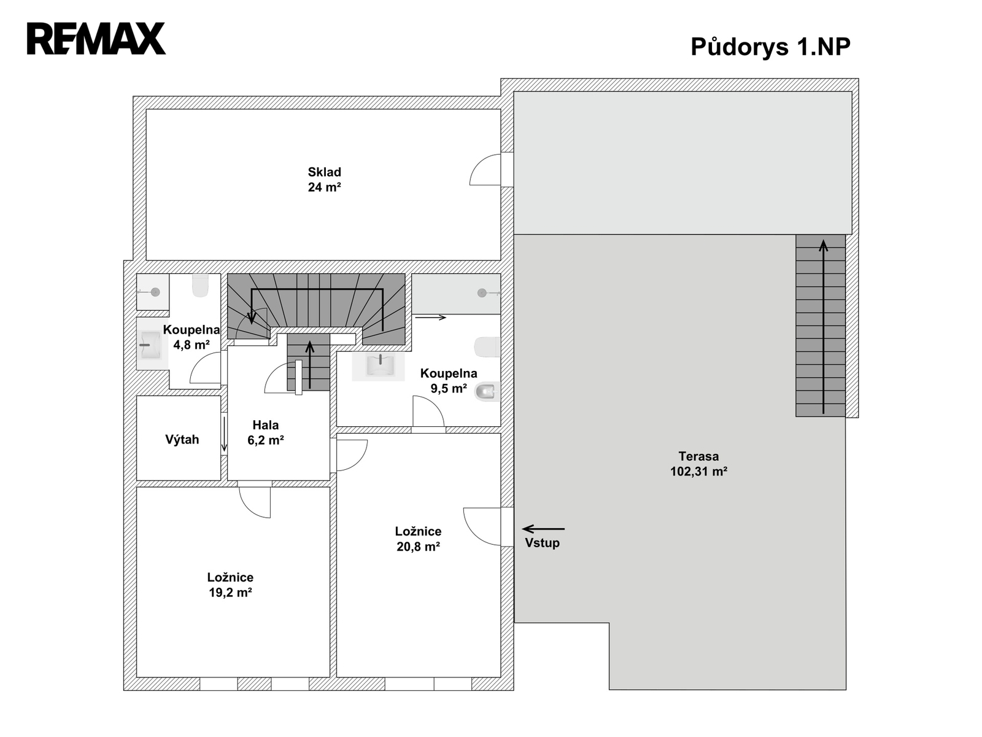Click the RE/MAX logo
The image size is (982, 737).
coord(96,39)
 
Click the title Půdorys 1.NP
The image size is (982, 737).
coord(770,47)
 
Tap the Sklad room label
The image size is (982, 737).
coord(324,173)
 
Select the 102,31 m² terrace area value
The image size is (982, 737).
coord(698,471)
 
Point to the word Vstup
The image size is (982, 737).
coord(542,543)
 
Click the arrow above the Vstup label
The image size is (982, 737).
coord(544,529)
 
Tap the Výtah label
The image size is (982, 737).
coord(182,440)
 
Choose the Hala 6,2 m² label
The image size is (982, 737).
coord(266,432)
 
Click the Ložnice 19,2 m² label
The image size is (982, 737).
coord(230,585)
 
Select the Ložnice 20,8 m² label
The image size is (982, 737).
coord(419,539)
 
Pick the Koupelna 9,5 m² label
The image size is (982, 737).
coord(449,381)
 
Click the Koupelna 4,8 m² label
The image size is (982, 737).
coord(191,337)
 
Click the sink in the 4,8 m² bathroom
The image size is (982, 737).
coord(151,345)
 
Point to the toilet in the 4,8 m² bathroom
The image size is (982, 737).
coord(201,286)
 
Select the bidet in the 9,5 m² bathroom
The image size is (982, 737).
coord(487,392)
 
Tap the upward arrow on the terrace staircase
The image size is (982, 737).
coord(823,327)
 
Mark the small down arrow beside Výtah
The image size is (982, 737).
coord(224,434)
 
